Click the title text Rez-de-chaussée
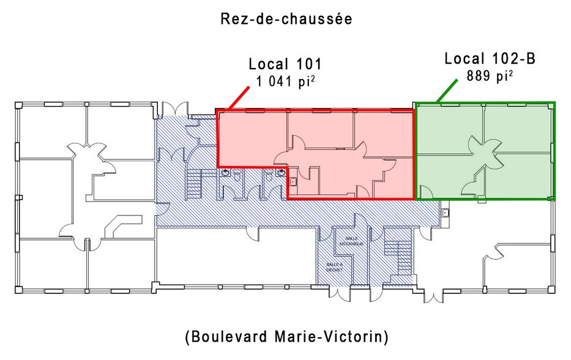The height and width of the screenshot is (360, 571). coord(286,19)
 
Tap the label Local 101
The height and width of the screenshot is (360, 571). coord(285,64)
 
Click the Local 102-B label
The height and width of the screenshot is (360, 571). coord(490,59)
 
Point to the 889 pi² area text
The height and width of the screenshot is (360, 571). coord(490,78)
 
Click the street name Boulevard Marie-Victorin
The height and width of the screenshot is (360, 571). coord(286,336)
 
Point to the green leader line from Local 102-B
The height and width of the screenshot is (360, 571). coord(447,92)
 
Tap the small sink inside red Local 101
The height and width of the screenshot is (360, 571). coord(293,182)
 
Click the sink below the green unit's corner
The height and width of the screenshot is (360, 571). coord(445,212)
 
